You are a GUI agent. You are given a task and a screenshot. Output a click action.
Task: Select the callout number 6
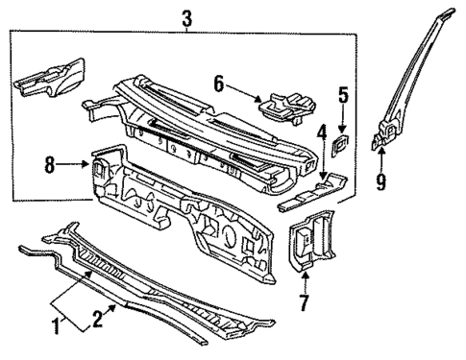click(219, 85)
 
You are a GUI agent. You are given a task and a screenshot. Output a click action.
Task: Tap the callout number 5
click(342, 95)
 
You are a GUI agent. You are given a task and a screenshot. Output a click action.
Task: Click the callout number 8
click(49, 164)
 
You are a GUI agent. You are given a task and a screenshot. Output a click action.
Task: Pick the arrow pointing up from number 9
click(380, 158)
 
